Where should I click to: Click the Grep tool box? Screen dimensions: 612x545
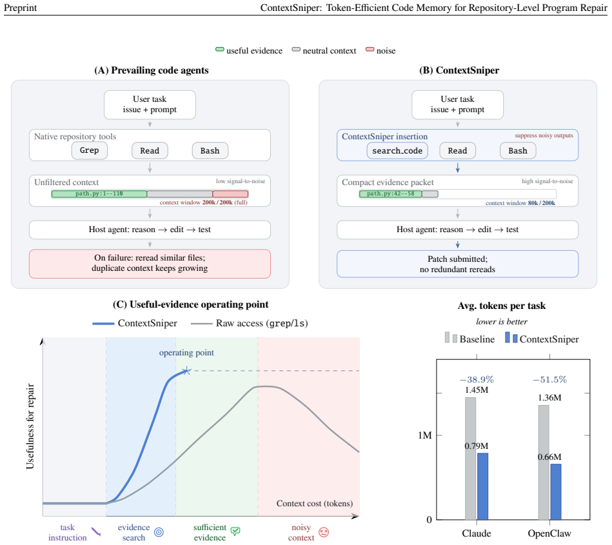90,151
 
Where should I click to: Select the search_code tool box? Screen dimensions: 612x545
397,151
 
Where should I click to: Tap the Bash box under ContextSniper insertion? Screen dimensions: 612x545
518,151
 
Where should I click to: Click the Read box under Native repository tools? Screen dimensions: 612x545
150,151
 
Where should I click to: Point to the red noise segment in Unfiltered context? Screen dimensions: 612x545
230,194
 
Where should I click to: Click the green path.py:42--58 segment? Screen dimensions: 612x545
390,194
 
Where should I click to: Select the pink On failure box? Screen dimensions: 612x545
150,264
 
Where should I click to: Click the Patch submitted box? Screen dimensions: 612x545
457,264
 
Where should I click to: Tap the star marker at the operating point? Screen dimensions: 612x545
186,370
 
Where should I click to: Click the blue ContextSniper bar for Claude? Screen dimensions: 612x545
483,486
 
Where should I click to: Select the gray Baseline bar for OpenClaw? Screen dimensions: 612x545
543,462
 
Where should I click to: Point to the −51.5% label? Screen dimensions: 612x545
549,379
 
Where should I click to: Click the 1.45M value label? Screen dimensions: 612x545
477,390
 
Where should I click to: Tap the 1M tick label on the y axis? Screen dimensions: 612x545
424,435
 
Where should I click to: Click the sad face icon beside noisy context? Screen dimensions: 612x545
324,532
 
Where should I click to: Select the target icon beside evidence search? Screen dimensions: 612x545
159,532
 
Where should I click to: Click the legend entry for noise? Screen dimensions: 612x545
380,51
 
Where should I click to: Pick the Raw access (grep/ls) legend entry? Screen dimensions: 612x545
250,323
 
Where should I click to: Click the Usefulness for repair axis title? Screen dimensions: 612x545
30,426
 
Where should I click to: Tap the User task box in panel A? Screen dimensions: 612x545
150,104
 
